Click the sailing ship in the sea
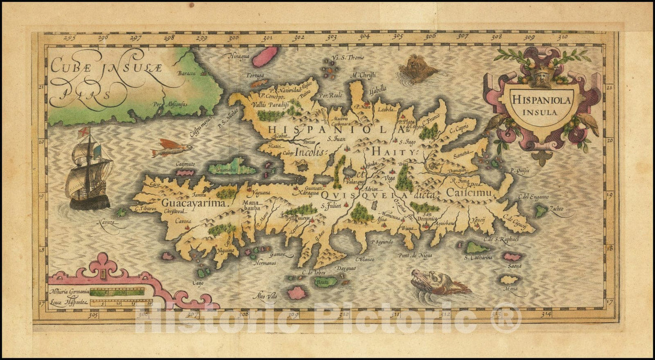tap(89, 170)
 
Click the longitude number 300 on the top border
tap(233, 38)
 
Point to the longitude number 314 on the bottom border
tap(546, 314)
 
